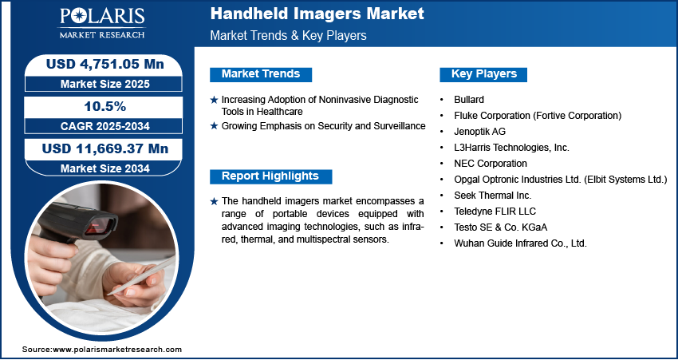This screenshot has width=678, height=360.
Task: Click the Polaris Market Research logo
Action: point(102,23)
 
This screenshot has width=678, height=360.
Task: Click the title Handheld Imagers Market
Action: point(317,14)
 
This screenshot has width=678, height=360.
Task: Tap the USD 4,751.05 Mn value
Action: point(105,64)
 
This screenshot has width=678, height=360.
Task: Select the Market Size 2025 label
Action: point(105,84)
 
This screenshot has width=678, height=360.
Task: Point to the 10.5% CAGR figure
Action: point(105,106)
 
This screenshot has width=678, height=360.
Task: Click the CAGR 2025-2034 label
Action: point(105,126)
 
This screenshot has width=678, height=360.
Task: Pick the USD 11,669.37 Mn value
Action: point(105,148)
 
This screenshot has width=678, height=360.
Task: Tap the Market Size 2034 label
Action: point(105,168)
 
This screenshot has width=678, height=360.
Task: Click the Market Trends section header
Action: point(261,74)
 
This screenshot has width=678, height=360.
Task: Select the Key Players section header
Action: point(484,74)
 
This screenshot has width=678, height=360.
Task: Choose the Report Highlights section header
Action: point(270,176)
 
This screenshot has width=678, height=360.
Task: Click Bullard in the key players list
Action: point(469,100)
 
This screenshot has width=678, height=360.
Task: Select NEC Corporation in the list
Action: point(491,164)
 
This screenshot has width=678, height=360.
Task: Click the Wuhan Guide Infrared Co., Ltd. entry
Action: point(520,243)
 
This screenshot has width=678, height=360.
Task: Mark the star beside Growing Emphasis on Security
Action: point(214,126)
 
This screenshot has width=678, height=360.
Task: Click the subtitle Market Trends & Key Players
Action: point(288,35)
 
